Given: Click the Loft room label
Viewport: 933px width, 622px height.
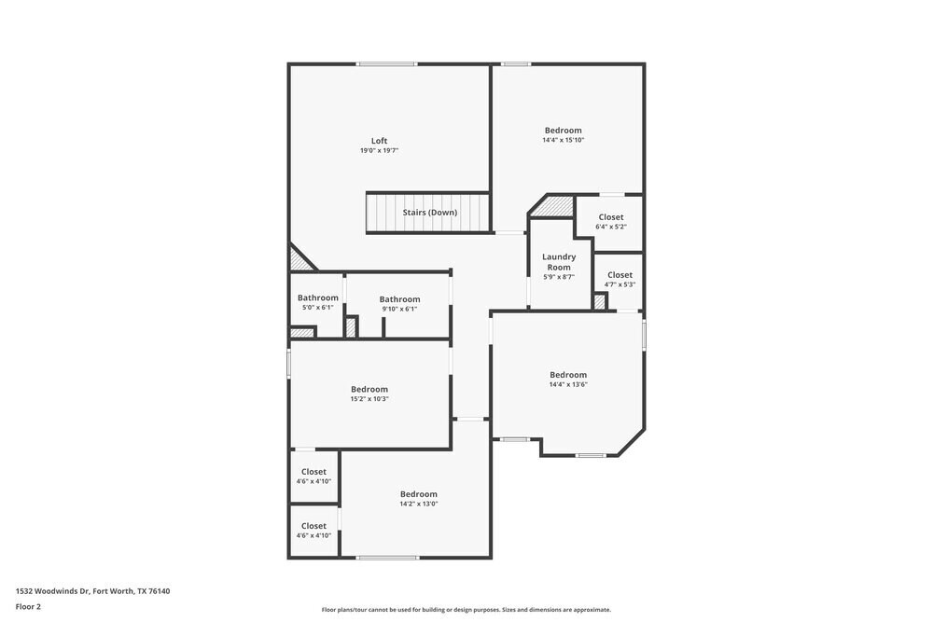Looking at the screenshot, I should coord(379,141).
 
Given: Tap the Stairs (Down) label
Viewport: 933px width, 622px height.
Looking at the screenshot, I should coord(429,213).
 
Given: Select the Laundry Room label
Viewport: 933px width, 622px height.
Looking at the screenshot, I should coord(559,262).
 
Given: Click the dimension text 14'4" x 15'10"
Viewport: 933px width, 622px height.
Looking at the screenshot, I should coord(564,141).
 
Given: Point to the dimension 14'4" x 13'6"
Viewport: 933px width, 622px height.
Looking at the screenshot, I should coord(568,384).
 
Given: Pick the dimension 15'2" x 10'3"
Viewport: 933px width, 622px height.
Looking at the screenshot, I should coord(369,399).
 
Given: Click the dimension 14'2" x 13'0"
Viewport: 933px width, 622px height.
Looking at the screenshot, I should coord(419,505).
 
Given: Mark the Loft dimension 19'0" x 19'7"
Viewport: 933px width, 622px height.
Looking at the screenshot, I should coord(379,151).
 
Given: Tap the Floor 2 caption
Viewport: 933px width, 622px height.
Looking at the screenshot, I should coord(28,606).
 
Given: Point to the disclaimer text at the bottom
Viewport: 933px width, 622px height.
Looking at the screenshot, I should coord(466,609).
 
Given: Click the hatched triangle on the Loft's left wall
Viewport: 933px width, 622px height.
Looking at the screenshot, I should coord(299,259).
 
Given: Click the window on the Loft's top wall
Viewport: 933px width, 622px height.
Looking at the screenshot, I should coord(386,64).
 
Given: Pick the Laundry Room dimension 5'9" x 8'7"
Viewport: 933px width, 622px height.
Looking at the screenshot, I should coord(559,277).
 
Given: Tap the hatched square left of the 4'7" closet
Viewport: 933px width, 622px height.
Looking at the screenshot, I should coord(600,302).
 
